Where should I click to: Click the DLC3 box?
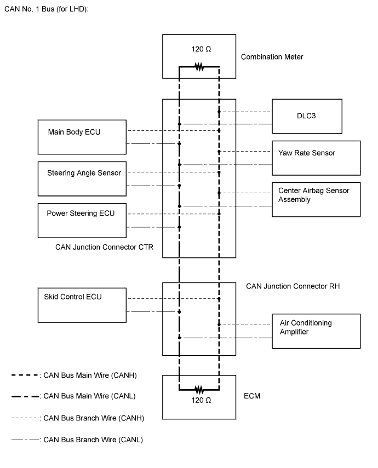(x=307, y=116)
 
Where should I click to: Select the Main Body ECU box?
(x=82, y=137)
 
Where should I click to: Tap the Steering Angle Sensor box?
(x=82, y=178)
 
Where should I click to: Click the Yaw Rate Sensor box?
(x=316, y=158)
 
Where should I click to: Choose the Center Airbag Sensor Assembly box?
(x=316, y=199)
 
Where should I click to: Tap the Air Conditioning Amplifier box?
(x=316, y=331)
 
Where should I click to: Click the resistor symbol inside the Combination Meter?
(x=199, y=67)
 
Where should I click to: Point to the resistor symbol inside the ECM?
(x=199, y=390)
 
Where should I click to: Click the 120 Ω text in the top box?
(x=201, y=49)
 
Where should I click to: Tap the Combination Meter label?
(x=272, y=57)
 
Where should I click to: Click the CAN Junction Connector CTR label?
(x=104, y=247)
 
